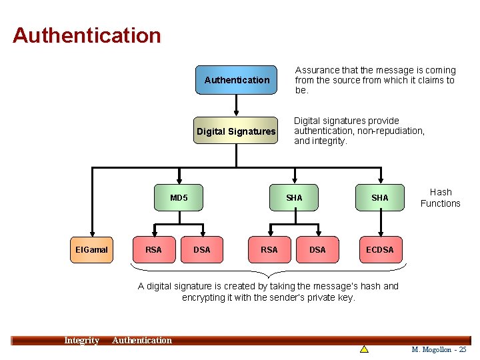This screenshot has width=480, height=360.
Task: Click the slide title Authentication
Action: [x=87, y=35]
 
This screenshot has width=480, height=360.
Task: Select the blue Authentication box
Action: [x=237, y=80]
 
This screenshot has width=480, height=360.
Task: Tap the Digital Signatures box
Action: [x=236, y=131]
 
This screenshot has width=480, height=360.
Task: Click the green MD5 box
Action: [x=179, y=197]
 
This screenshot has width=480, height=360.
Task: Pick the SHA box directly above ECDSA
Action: [x=379, y=197]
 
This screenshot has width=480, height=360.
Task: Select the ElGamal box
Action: [x=92, y=249]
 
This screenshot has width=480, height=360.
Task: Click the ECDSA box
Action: [x=379, y=249]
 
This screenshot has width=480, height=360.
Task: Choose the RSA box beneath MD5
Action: [x=153, y=249]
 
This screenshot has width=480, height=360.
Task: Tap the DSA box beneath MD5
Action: [x=201, y=249]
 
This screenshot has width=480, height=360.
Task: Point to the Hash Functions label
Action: [x=440, y=198]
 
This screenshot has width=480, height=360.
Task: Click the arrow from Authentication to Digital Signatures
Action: [x=237, y=105]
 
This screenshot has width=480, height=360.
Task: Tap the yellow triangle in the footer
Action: [x=364, y=349]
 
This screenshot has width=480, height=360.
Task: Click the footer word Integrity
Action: [x=81, y=341]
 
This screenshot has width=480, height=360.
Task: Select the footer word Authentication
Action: [x=142, y=341]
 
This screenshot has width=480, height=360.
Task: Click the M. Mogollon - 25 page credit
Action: [x=439, y=349]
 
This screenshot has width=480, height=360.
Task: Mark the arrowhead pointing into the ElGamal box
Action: [x=92, y=233]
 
